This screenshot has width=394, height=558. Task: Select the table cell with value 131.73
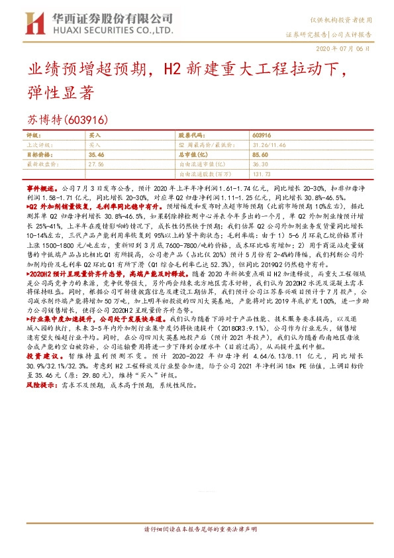[262, 174]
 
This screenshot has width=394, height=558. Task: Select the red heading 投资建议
[40, 356]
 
